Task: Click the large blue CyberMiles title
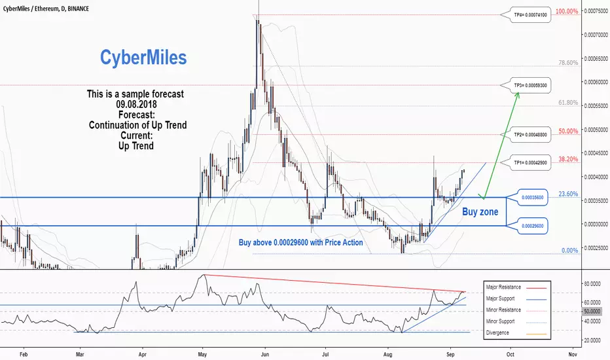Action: coord(143,58)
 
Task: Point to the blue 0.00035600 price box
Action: coord(532,197)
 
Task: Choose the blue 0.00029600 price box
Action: coord(532,226)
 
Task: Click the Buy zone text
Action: coord(480,211)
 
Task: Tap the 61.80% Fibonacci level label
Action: coord(568,103)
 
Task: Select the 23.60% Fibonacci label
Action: coord(568,194)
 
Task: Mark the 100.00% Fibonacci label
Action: coord(567,11)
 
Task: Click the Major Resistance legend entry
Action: coord(516,287)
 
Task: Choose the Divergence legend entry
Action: coord(516,333)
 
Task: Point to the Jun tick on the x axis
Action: coord(264,355)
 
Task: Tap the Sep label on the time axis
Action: coord(450,355)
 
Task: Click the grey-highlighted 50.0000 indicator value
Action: coord(592,312)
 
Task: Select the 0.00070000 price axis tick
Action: coord(596,35)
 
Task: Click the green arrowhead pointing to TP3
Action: coord(517,94)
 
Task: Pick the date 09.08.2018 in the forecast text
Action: coord(136,104)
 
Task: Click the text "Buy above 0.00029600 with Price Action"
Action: coord(300,242)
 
